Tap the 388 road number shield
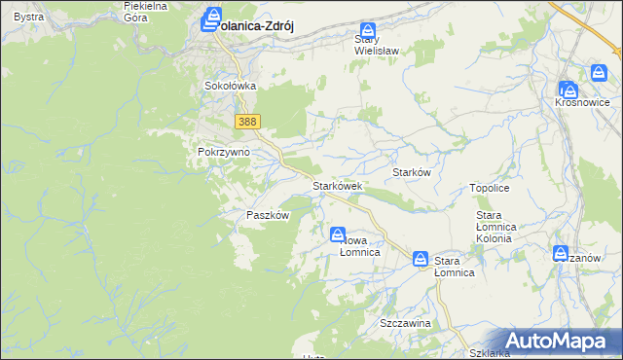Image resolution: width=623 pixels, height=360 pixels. [x=248, y=121]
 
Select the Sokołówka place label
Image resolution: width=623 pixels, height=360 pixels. [x=230, y=86]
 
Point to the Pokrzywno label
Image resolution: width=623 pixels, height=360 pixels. [x=224, y=153]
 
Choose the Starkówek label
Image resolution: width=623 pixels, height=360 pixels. [x=337, y=185]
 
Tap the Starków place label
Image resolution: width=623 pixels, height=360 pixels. [x=411, y=171]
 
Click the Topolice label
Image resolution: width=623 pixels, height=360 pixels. [x=490, y=188]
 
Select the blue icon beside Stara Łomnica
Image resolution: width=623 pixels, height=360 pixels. [x=421, y=258]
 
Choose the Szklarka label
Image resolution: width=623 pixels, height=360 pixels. [x=490, y=353]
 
